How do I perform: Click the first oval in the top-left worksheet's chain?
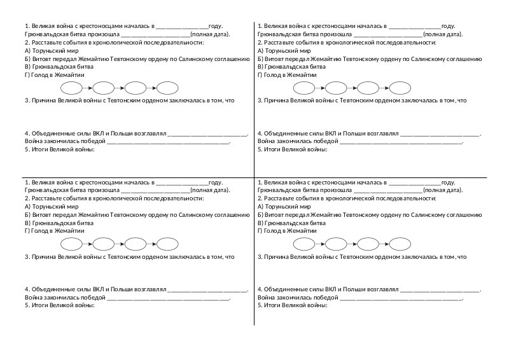tap(71, 87)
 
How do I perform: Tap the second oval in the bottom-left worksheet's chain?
tap(104, 244)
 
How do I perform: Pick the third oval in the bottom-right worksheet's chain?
tap(368, 244)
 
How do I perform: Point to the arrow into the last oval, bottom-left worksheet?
tap(151, 244)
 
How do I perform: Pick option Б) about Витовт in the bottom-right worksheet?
tap(370, 215)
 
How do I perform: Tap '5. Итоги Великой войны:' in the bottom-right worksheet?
tap(292, 306)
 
